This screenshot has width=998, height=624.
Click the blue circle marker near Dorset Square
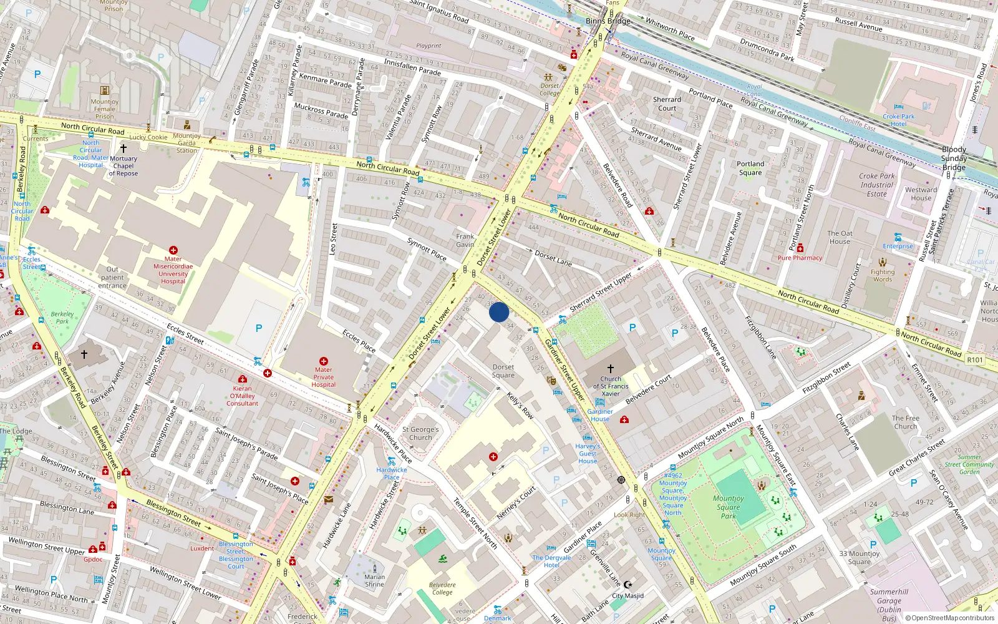(499, 312)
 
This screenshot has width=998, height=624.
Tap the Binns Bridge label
(608, 21)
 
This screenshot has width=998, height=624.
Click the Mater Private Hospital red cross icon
(324, 361)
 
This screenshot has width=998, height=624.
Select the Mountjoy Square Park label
(728, 507)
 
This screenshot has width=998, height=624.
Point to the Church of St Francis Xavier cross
(610, 369)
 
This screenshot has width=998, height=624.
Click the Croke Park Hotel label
(898, 120)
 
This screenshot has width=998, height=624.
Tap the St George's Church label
(420, 433)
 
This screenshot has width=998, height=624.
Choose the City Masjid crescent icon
(628, 585)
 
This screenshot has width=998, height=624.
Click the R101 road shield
(974, 359)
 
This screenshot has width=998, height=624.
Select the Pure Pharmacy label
(800, 258)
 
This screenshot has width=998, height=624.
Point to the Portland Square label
(750, 168)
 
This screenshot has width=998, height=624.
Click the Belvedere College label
(442, 588)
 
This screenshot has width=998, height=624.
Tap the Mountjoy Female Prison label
(104, 109)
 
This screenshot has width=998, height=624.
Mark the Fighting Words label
(882, 275)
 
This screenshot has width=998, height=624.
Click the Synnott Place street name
(427, 248)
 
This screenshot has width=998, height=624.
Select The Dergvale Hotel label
(551, 561)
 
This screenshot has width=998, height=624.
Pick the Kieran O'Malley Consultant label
(242, 396)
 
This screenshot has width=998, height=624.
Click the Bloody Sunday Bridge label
(954, 158)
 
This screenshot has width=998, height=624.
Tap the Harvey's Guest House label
(587, 454)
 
